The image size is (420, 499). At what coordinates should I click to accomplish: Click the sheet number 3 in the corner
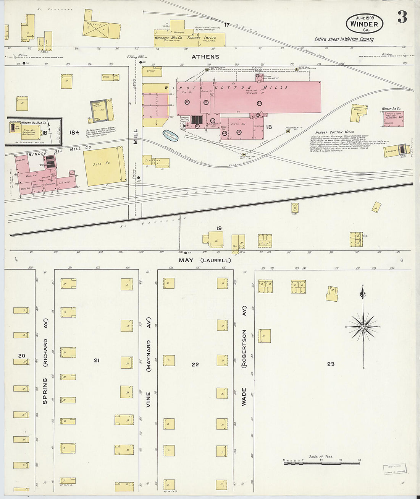(x=402, y=17)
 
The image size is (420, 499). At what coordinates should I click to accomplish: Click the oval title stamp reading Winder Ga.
(x=364, y=24)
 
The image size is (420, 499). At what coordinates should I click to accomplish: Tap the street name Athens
(x=205, y=57)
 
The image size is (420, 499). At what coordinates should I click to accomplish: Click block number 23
(x=331, y=364)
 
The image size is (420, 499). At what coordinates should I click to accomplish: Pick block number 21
(x=97, y=360)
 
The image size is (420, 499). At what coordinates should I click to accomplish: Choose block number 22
(x=195, y=364)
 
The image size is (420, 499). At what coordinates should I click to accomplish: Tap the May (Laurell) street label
(x=205, y=260)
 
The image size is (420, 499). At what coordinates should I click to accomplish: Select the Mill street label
(x=135, y=136)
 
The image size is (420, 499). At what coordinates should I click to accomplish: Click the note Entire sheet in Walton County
(x=344, y=39)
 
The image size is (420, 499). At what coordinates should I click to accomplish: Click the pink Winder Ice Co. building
(x=393, y=119)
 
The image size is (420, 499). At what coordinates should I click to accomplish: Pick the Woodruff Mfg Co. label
(x=168, y=38)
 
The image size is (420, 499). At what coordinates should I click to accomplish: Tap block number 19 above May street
(x=219, y=228)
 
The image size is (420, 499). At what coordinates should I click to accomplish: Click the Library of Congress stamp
(x=395, y=469)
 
